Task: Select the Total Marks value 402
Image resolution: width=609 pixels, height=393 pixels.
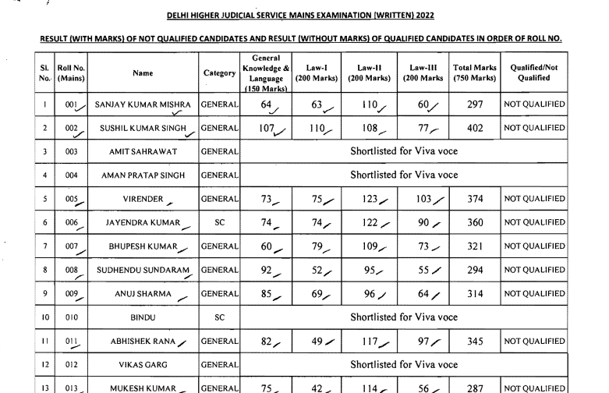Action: [473, 127]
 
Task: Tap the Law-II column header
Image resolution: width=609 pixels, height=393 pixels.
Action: [370, 73]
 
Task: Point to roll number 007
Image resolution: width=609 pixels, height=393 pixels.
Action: [72, 246]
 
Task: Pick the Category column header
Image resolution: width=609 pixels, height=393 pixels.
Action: [220, 73]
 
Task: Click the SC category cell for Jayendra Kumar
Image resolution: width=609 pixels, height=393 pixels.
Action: [220, 222]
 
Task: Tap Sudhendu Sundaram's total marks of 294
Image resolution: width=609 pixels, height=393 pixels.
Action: [473, 270]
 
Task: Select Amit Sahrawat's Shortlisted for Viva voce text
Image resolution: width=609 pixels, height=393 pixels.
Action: [403, 151]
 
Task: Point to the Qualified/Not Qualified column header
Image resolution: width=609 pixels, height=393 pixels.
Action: [534, 73]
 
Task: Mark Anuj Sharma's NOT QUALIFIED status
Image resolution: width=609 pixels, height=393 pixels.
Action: [534, 294]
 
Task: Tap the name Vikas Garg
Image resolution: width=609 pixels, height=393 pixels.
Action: [143, 365]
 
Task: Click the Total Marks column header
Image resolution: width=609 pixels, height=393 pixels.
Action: [473, 73]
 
